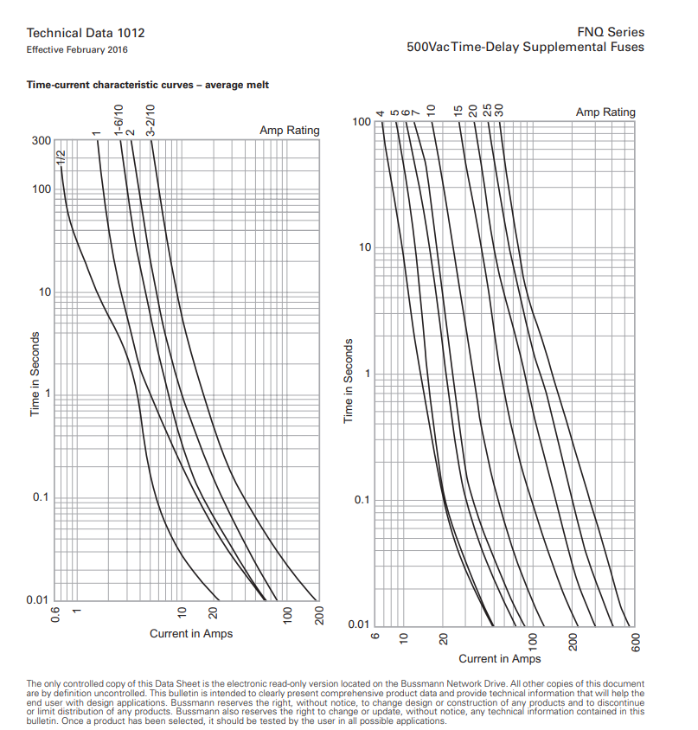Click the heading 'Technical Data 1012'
click(x=86, y=33)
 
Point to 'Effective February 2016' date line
click(x=77, y=49)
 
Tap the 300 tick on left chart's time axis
click(x=41, y=140)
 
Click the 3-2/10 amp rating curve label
click(x=150, y=121)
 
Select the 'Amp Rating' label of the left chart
click(x=289, y=131)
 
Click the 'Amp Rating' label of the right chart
click(x=605, y=112)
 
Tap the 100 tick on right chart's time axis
click(x=362, y=123)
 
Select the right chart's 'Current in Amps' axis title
click(x=499, y=659)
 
